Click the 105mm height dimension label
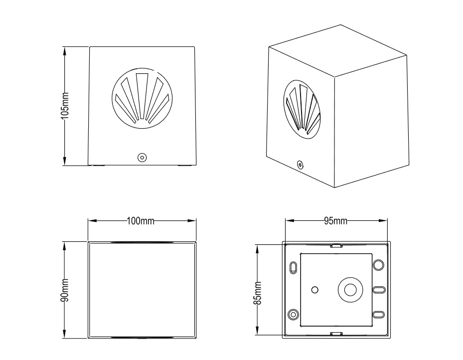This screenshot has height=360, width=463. tap(65, 106)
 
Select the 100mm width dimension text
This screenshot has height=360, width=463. tap(141, 221)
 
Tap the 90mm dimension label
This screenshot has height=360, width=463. tap(65, 290)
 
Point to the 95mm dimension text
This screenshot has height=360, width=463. tap(335, 221)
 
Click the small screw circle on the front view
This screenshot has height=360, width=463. tap(143, 158)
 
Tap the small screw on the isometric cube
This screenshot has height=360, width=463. tap(300, 165)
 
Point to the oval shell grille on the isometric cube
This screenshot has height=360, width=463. tap(302, 109)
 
